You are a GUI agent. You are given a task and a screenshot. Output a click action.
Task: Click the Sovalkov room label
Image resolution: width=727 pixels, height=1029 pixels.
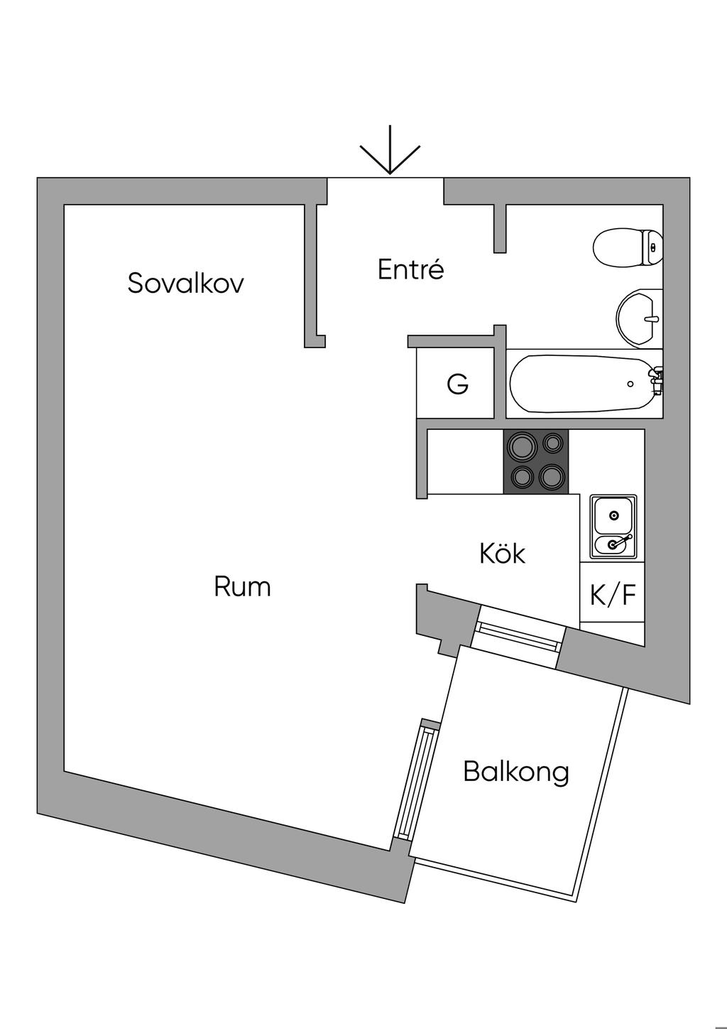pyautogui.click(x=185, y=283)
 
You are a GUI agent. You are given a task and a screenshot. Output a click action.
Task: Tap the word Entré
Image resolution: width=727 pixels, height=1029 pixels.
pyautogui.click(x=411, y=269)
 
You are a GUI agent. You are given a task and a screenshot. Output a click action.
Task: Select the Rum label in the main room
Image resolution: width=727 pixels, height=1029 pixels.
pyautogui.click(x=242, y=586)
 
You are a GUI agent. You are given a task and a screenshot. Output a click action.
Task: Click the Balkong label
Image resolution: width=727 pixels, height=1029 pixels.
pyautogui.click(x=516, y=772)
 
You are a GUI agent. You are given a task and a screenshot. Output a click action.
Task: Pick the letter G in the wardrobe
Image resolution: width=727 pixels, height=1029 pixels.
pyautogui.click(x=458, y=383)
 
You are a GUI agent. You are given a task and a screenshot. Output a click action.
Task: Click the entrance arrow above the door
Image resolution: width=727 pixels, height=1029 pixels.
pyautogui.click(x=390, y=150)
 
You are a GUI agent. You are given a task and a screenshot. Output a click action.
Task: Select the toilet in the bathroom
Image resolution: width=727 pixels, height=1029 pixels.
pyautogui.click(x=628, y=247)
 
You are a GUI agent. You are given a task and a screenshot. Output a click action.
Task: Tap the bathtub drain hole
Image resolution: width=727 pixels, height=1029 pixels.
pyautogui.click(x=630, y=384)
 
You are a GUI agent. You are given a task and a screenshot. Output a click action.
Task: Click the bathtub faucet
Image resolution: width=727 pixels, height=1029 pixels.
pyautogui.click(x=657, y=381)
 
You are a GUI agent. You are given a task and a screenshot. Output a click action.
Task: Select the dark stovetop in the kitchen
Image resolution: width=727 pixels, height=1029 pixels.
pyautogui.click(x=535, y=462)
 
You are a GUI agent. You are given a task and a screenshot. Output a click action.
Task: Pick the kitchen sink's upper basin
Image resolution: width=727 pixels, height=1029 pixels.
pyautogui.click(x=613, y=515)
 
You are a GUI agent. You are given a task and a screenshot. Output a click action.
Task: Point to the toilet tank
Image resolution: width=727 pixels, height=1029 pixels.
pyautogui.click(x=652, y=247)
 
